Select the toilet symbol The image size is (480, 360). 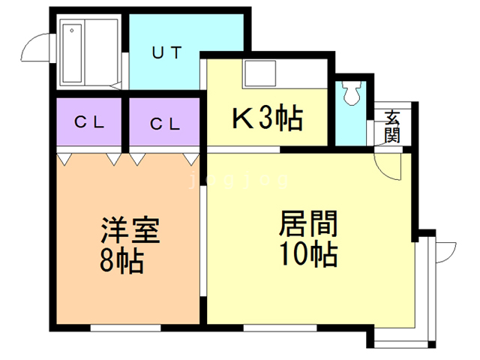point(351,92)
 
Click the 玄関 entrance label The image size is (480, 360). point(392,126)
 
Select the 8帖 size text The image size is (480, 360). point(121,260)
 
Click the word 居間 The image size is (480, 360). point(308,223)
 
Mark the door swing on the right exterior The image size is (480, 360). point(445,250)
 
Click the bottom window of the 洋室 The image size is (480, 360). point(124,328)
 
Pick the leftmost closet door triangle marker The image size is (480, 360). point(64,158)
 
